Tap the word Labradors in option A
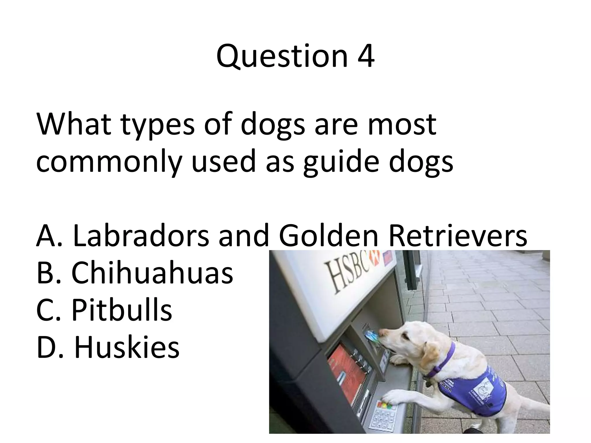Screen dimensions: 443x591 point(141,236)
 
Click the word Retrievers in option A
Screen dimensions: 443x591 point(458,236)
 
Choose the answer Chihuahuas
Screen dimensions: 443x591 point(152,273)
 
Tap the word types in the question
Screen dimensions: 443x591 point(158,125)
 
